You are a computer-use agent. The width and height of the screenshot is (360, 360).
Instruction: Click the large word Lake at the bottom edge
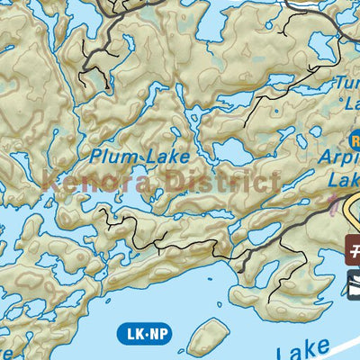[x=306, y=351]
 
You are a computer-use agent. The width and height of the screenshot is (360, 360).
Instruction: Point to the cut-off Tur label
[x=347, y=84]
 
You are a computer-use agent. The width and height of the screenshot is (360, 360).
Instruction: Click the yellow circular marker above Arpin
[x=355, y=139]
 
